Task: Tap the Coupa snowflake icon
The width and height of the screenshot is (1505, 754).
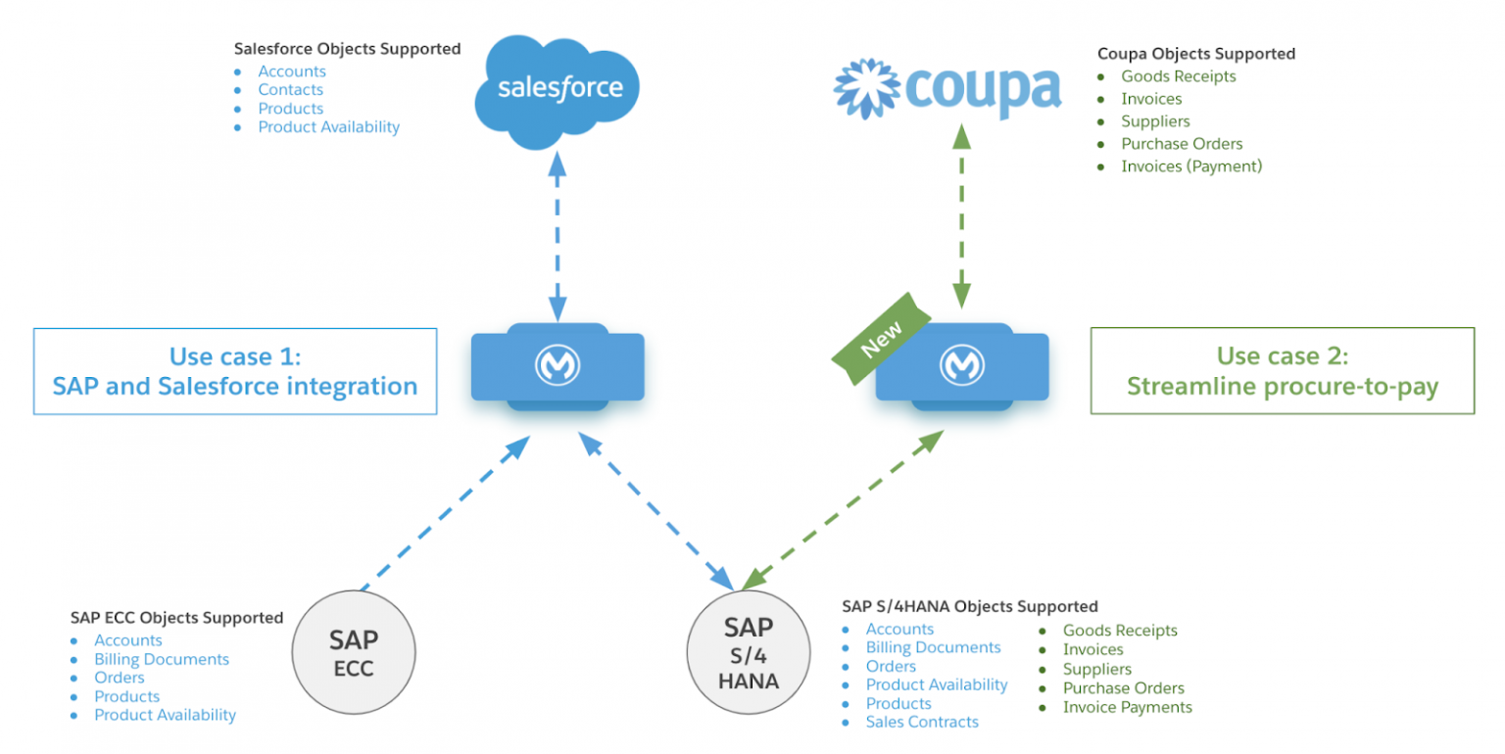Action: (x=865, y=88)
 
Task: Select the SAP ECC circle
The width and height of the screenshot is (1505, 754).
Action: (x=354, y=653)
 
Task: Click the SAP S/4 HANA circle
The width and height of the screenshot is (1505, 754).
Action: (x=750, y=653)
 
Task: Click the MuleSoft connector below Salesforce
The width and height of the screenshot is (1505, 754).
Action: (x=558, y=365)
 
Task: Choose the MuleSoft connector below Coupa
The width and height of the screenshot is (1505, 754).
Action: (x=962, y=365)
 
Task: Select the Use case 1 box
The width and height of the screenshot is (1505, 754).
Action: (x=235, y=370)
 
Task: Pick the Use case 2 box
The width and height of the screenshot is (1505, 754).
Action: (x=1282, y=370)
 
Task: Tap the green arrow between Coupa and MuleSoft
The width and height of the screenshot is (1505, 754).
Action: (x=962, y=217)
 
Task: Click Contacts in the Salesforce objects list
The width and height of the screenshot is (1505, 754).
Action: (x=290, y=90)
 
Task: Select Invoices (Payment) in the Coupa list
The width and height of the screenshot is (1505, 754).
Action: (x=1191, y=166)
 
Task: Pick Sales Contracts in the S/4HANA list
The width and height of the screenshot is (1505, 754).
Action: (x=922, y=723)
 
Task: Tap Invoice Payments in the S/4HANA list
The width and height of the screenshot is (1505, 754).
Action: (x=1127, y=707)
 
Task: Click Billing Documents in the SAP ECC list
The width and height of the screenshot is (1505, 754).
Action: (x=162, y=660)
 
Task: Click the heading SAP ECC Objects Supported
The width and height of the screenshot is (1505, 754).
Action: (x=176, y=618)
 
